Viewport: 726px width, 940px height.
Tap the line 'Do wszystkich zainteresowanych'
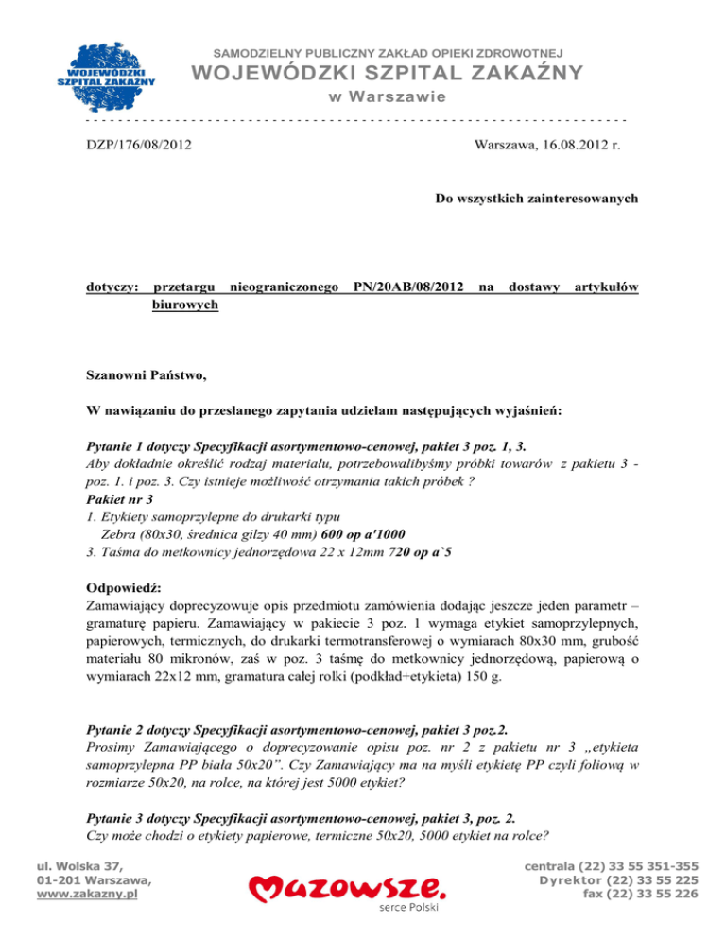click(536, 199)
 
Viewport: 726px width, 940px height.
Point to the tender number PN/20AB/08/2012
click(408, 286)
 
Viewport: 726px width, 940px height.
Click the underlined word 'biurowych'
click(185, 305)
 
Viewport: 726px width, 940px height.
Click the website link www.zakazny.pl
click(86, 892)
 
